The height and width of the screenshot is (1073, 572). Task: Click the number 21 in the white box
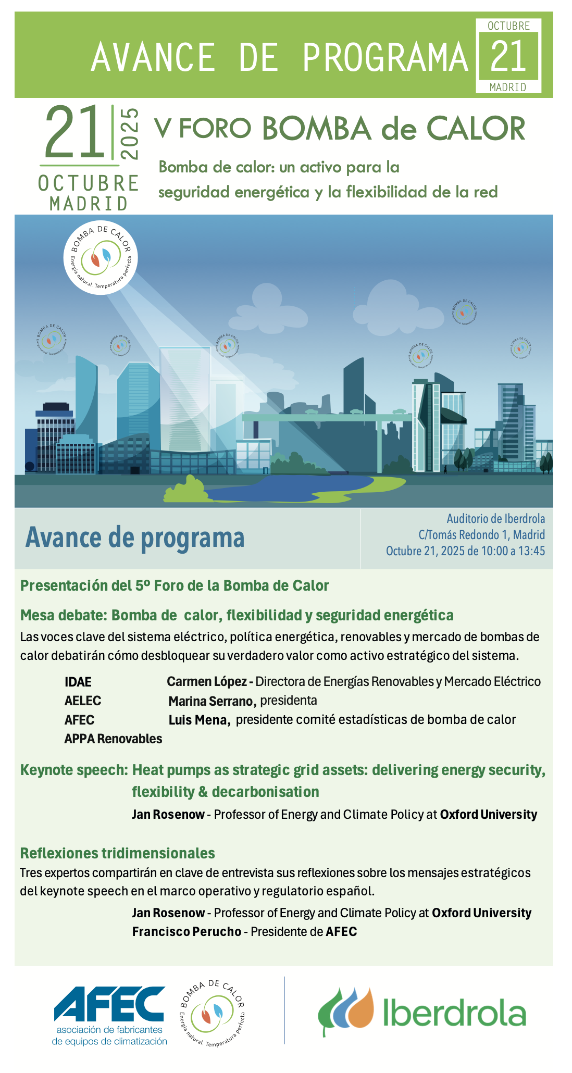(508, 56)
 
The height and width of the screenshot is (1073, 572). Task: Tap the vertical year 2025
(129, 133)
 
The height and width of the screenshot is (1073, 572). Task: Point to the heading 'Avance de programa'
(135, 538)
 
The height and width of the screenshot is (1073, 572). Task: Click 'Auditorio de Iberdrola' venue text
(495, 519)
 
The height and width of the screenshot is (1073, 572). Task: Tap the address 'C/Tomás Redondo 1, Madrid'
(481, 535)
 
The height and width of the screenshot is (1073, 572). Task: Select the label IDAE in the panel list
(78, 682)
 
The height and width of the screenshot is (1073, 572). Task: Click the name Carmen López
(206, 681)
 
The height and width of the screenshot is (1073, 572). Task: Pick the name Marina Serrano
(212, 701)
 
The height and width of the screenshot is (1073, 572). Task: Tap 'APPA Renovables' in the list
(113, 739)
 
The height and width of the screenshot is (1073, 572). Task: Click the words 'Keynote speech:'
(74, 770)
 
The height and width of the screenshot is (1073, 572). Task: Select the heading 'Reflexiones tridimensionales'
(117, 853)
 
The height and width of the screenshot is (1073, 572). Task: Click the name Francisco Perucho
(186, 932)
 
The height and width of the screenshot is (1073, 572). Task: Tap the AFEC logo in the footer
(109, 1016)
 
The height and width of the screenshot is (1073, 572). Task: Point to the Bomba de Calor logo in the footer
(212, 1014)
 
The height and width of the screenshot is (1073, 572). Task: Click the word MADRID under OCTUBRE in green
(89, 204)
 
